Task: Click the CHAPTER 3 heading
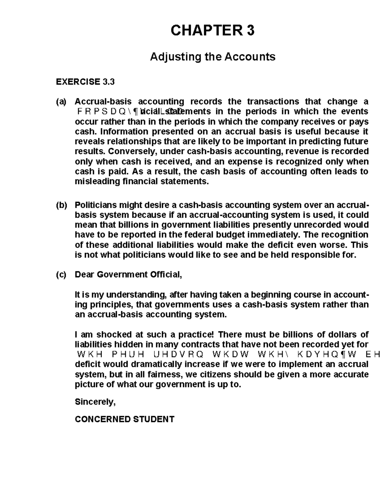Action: pyautogui.click(x=212, y=31)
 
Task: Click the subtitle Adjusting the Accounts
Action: pyautogui.click(x=212, y=57)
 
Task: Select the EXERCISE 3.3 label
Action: pyautogui.click(x=85, y=82)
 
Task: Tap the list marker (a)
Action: pyautogui.click(x=61, y=102)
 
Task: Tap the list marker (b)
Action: pyautogui.click(x=61, y=205)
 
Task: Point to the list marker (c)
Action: pyautogui.click(x=61, y=275)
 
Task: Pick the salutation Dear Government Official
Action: pyautogui.click(x=128, y=275)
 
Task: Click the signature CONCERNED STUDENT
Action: pyautogui.click(x=124, y=419)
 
